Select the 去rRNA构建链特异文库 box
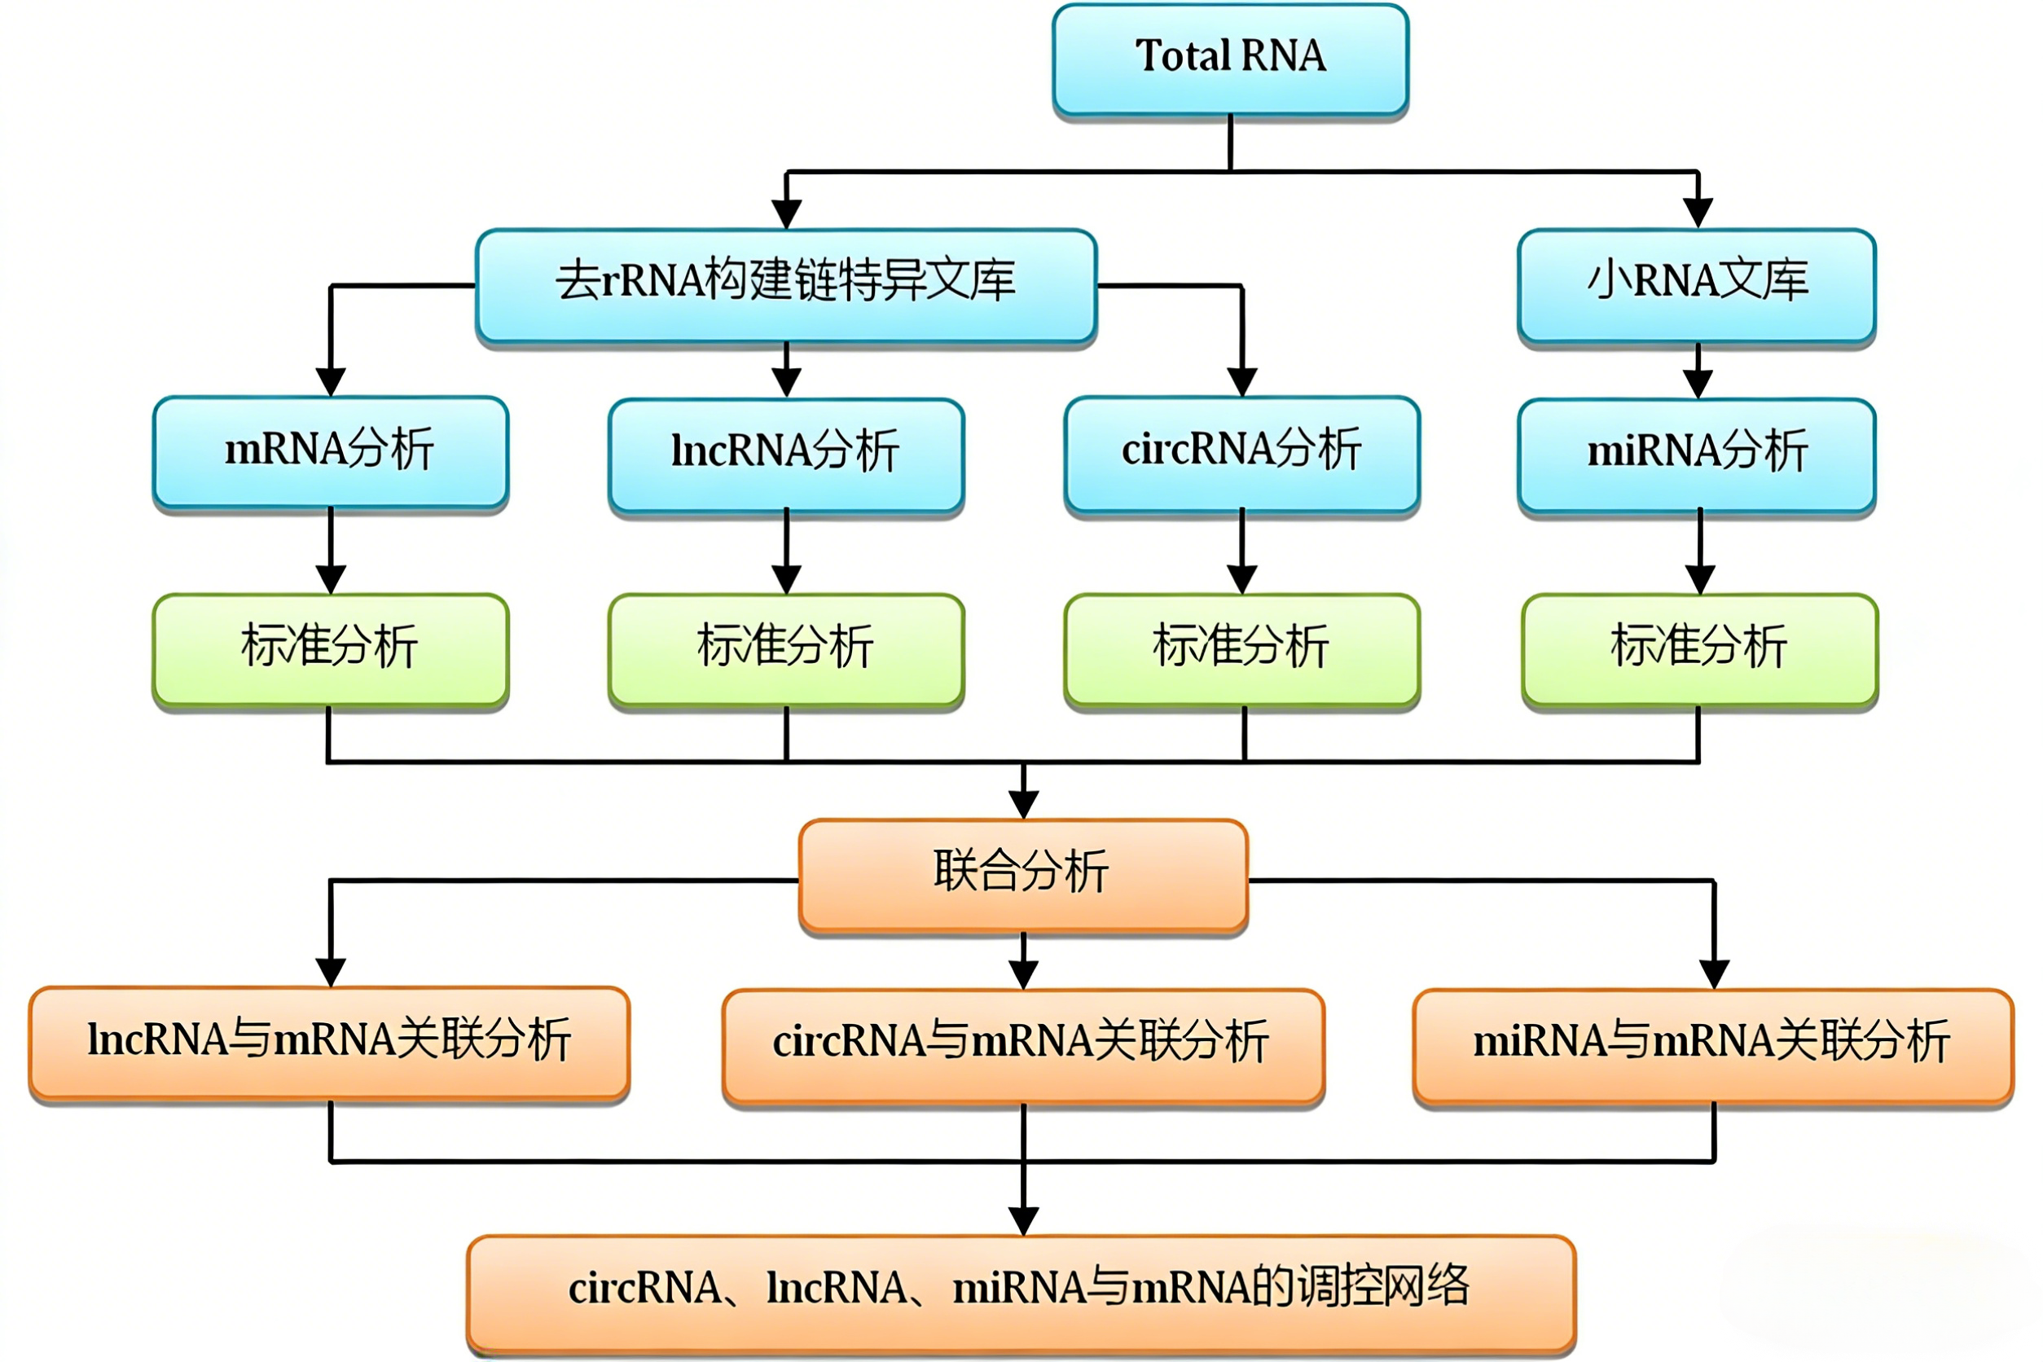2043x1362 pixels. (x=786, y=285)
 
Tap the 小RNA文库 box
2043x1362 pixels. (x=1697, y=285)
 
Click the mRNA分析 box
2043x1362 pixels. (x=330, y=451)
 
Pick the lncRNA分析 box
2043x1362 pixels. (x=786, y=454)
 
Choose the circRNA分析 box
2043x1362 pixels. (x=1242, y=451)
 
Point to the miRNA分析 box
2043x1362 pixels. (x=1697, y=454)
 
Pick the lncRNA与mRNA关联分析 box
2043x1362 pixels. (x=329, y=1042)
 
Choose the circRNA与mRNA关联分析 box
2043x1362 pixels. (x=1023, y=1044)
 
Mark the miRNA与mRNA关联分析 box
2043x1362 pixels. (x=1713, y=1044)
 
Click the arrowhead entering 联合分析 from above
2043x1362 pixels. (x=1023, y=804)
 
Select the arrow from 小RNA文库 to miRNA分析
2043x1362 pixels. (x=1698, y=371)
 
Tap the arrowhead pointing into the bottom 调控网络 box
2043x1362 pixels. (x=1023, y=1220)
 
